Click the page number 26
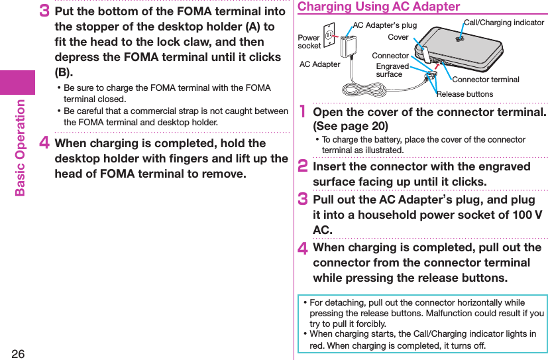click(x=18, y=353)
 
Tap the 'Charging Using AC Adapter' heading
click(x=378, y=7)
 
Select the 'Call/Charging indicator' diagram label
click(x=504, y=23)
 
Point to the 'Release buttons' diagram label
click(x=465, y=94)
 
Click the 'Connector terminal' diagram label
click(x=486, y=80)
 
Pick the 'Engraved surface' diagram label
click(x=392, y=70)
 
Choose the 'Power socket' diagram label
click(x=309, y=42)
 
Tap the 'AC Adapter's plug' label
click(x=385, y=25)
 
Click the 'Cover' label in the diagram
click(x=398, y=37)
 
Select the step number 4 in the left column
click(x=46, y=144)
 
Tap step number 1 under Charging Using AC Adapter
click(x=303, y=113)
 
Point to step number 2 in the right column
click(x=303, y=167)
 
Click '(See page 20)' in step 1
click(x=351, y=126)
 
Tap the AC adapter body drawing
click(x=347, y=47)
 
